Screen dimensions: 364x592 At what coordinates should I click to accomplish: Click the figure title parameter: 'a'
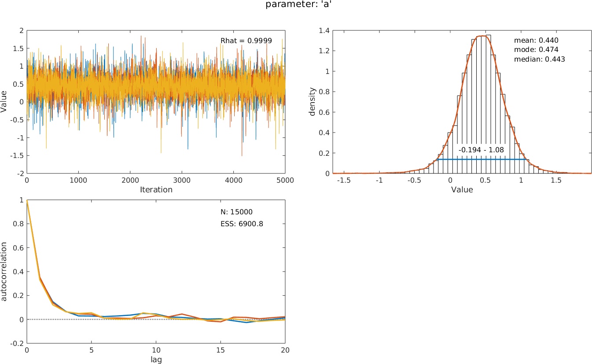pos(296,5)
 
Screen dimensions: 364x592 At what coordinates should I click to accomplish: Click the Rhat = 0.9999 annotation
pos(246,40)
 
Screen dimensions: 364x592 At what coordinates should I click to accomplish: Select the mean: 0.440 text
pos(536,40)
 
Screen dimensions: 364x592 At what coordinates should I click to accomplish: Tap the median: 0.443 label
pos(539,59)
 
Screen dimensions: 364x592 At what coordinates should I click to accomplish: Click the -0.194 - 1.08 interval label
pos(481,150)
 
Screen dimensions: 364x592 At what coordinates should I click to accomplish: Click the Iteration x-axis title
pos(156,190)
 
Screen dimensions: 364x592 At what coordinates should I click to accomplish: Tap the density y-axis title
pos(312,102)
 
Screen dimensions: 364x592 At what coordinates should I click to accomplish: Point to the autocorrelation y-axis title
pos(4,271)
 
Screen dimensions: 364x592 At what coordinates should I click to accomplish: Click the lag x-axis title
pos(156,359)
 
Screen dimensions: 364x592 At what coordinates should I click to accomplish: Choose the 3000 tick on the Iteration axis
pos(182,180)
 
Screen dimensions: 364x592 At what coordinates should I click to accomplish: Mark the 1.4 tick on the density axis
pos(324,30)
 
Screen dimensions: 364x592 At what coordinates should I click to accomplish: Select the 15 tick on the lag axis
pos(221,350)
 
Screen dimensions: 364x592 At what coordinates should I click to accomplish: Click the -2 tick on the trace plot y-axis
pos(21,174)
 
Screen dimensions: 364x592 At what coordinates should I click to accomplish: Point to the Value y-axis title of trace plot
pos(4,102)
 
